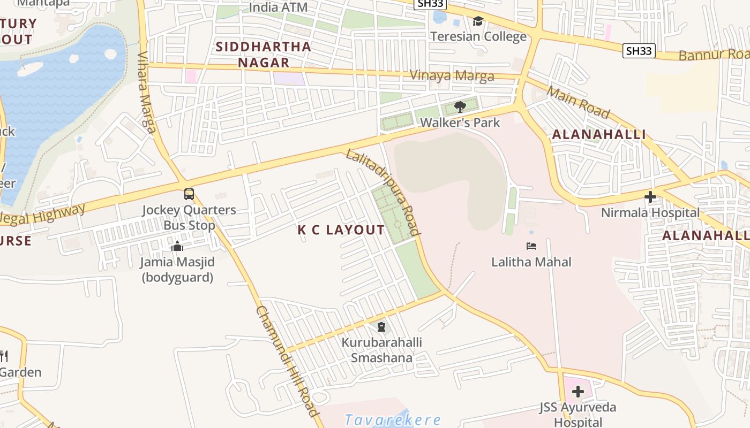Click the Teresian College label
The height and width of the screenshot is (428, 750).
tap(478, 37)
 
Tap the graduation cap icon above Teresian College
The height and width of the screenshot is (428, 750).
tap(478, 21)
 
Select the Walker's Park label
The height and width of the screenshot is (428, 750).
tap(460, 123)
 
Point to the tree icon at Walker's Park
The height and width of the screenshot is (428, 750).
tap(460, 107)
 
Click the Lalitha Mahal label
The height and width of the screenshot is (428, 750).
tap(531, 262)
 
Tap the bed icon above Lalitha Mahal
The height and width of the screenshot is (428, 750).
tap(531, 246)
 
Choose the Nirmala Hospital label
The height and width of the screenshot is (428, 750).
tap(650, 213)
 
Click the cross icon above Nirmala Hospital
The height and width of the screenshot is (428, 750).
tap(650, 197)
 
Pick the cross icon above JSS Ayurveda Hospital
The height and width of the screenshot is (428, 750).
tap(577, 392)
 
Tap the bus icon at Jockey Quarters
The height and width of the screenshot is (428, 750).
tap(189, 194)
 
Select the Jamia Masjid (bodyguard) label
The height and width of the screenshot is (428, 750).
tap(177, 270)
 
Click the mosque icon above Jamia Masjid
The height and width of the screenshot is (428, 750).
tap(177, 247)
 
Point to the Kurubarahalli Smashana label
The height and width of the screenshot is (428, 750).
tap(382, 350)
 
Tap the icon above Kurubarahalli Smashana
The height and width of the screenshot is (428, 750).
tap(381, 326)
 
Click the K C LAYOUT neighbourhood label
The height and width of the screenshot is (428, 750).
tap(341, 231)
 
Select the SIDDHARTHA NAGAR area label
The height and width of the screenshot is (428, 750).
tap(264, 55)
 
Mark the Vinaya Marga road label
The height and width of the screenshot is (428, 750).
tap(452, 76)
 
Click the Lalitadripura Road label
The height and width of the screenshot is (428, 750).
tap(384, 192)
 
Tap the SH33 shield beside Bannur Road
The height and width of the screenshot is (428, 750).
tap(640, 51)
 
